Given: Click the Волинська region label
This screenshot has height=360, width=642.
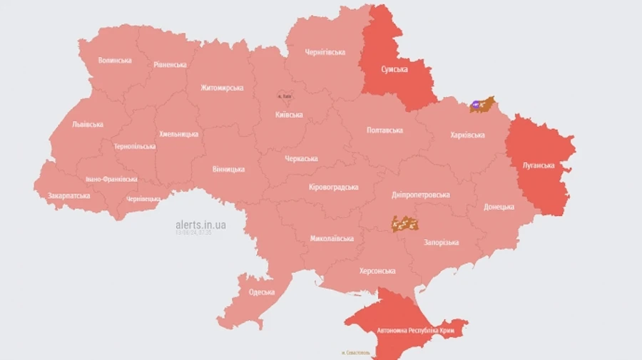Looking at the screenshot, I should coord(115,61).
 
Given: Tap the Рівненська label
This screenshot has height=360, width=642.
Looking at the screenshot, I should coord(170,65).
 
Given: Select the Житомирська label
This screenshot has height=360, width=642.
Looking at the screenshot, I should coord(221,88).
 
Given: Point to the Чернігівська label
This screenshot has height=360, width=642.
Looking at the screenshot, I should coord(325,52).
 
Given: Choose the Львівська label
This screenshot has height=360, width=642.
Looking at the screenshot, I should coord(88,124).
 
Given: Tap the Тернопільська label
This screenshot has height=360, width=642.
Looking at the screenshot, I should coord(134,146).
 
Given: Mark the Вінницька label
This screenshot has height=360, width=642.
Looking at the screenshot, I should coord(228,170).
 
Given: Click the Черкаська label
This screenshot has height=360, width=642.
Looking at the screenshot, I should coord(301,158).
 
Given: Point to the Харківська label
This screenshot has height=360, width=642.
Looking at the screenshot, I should coord(468,135).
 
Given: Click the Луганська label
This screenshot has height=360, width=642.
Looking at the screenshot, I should coord(539,165).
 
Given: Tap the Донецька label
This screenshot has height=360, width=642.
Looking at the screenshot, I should coord(499,207).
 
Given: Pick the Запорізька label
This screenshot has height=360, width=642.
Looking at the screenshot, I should coord(441,243).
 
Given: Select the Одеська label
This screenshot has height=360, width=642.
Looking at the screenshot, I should coord(262,292).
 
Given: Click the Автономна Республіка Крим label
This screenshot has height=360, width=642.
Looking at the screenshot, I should coord(407,331).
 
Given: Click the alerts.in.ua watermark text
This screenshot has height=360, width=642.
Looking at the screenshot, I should coord(201,225).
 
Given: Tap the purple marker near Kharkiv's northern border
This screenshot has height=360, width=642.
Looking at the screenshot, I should coord(476,106).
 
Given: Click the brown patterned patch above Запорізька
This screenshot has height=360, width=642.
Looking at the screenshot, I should coord(404,225).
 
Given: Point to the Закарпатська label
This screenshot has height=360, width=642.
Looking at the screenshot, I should coord(69,195).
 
